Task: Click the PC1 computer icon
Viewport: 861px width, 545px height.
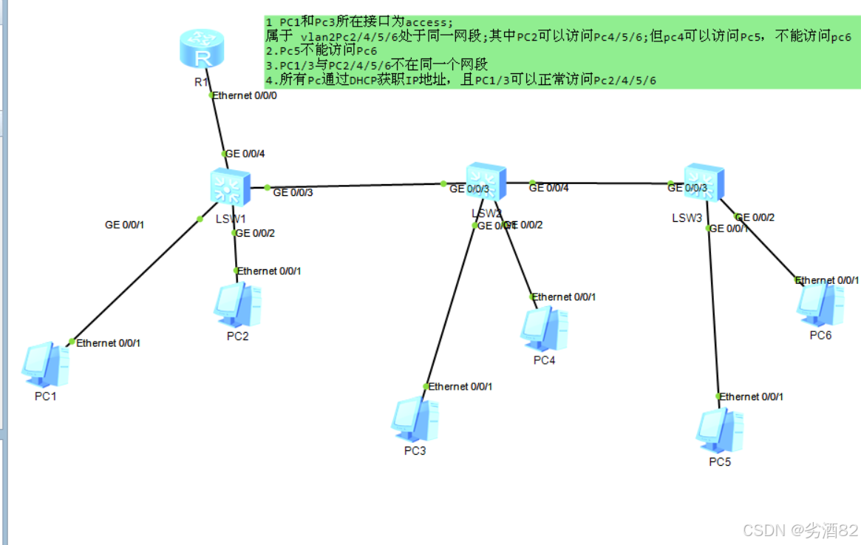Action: click(x=46, y=364)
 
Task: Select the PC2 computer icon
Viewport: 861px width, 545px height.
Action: click(x=237, y=304)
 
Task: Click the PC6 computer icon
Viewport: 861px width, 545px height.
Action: click(x=820, y=303)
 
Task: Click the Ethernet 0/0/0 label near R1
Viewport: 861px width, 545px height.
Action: click(x=245, y=95)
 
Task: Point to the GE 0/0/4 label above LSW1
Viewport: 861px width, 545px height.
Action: click(x=245, y=154)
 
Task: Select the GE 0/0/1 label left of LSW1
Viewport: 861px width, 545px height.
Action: click(x=124, y=225)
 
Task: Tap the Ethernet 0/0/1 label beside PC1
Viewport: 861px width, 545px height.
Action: click(x=108, y=342)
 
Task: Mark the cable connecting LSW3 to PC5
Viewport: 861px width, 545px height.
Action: click(x=712, y=311)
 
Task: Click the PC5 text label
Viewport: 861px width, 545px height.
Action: click(x=719, y=462)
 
